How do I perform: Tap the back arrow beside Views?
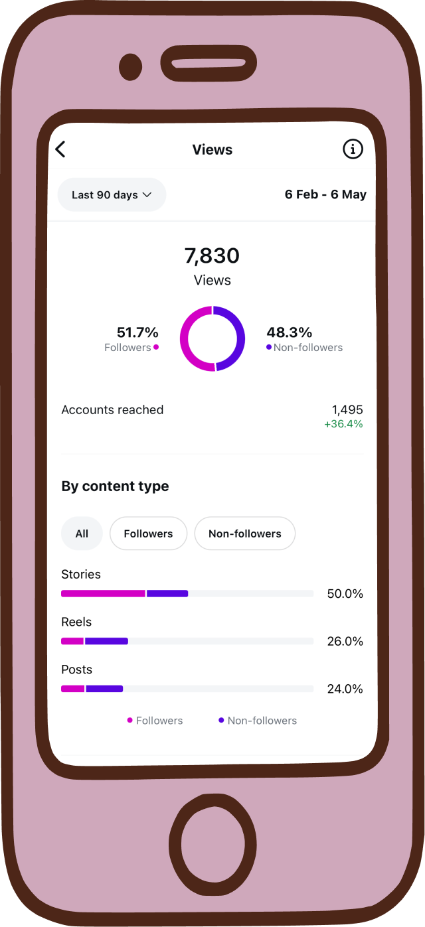[x=60, y=149]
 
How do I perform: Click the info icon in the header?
[x=353, y=149]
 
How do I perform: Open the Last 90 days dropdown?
[x=112, y=195]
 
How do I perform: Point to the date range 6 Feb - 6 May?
[x=325, y=194]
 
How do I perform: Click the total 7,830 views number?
[x=212, y=255]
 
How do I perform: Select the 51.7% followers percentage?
[x=137, y=332]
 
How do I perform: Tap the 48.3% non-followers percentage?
[x=289, y=332]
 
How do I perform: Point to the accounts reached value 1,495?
[x=347, y=410]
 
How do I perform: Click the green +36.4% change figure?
[x=343, y=424]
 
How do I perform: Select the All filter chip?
[x=82, y=534]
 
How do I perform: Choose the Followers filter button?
[x=148, y=534]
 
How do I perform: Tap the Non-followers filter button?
[x=244, y=534]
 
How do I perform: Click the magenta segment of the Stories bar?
[x=103, y=593]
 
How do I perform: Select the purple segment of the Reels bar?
[x=106, y=641]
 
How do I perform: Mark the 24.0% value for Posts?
[x=345, y=689]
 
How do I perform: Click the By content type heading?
[x=115, y=486]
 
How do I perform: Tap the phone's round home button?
[x=212, y=833]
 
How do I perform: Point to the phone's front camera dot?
[x=131, y=66]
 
